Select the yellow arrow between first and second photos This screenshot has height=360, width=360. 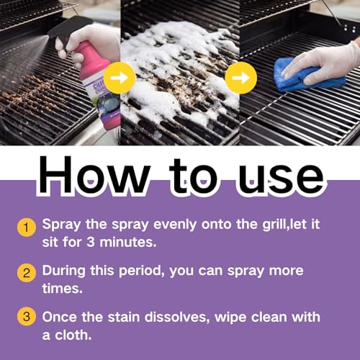click(x=120, y=78)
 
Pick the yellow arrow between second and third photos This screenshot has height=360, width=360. click(x=241, y=78)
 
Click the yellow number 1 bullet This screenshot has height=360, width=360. click(x=27, y=228)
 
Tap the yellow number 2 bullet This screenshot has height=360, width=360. click(x=27, y=273)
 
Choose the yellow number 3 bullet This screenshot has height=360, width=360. click(x=27, y=317)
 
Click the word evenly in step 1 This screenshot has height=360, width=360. click(x=175, y=225)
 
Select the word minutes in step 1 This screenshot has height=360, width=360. click(x=128, y=242)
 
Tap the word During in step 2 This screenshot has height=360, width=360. click(x=64, y=271)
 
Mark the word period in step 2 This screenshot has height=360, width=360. click(x=142, y=271)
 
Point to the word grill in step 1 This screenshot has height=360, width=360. click(x=275, y=225)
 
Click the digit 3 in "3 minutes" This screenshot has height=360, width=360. click(x=91, y=242)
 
